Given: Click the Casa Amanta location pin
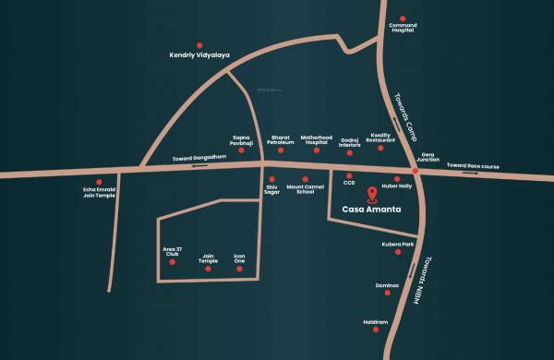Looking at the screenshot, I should (x=372, y=194).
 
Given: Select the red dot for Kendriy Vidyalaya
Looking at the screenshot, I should (x=199, y=44).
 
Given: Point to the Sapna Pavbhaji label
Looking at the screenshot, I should (x=242, y=139).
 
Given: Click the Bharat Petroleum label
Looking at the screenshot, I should (x=280, y=140).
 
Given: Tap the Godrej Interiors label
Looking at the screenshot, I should (x=349, y=142).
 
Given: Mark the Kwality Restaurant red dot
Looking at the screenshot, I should (x=380, y=149).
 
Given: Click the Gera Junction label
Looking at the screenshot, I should (x=428, y=156).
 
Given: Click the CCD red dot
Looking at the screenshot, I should (x=349, y=174).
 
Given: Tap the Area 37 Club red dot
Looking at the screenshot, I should (x=171, y=263).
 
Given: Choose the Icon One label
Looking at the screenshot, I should (x=239, y=258).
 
